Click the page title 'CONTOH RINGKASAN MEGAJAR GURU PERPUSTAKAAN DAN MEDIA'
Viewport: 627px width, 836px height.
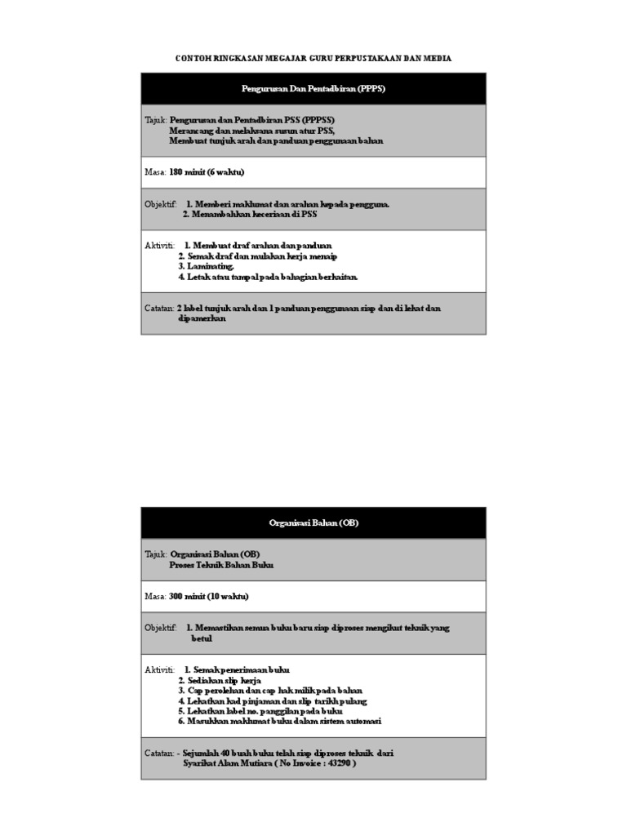pyautogui.click(x=313, y=59)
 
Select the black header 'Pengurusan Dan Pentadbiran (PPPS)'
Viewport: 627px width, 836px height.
pyautogui.click(x=313, y=88)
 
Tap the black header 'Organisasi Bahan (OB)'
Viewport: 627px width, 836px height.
pyautogui.click(x=313, y=523)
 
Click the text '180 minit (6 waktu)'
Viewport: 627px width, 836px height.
pyautogui.click(x=207, y=172)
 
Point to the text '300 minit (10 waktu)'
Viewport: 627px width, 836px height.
pyautogui.click(x=210, y=597)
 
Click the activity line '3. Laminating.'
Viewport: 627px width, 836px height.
pyautogui.click(x=207, y=266)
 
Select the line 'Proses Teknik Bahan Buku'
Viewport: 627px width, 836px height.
pyautogui.click(x=220, y=565)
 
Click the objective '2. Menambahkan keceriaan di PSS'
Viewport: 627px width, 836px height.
pyautogui.click(x=250, y=215)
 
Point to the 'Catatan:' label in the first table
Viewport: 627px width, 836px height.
pyautogui.click(x=159, y=309)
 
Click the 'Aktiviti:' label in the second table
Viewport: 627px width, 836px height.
pyautogui.click(x=160, y=669)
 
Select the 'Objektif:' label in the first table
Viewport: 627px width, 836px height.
pyautogui.click(x=161, y=204)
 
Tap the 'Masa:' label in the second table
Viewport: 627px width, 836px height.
pyautogui.click(x=155, y=597)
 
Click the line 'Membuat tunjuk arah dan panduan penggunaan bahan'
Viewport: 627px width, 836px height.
pyautogui.click(x=276, y=140)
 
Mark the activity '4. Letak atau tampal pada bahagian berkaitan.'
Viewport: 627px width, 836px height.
pyautogui.click(x=268, y=277)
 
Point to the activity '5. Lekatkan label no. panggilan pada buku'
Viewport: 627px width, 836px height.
pyautogui.click(x=260, y=711)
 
